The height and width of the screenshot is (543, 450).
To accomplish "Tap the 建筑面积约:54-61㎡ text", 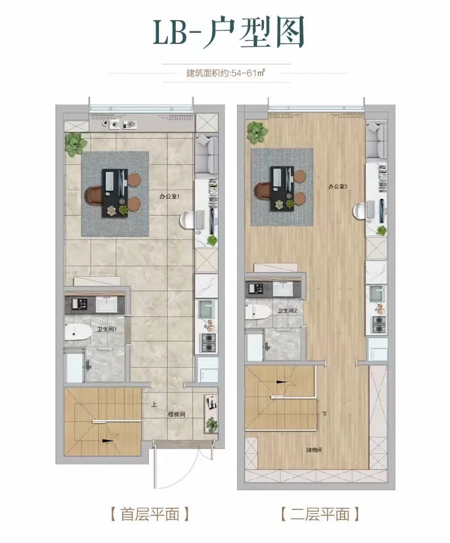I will click(x=225, y=74).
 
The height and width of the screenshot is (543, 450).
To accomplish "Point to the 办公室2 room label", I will click(x=337, y=187).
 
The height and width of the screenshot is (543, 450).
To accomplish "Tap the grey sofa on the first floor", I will click(x=207, y=154).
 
